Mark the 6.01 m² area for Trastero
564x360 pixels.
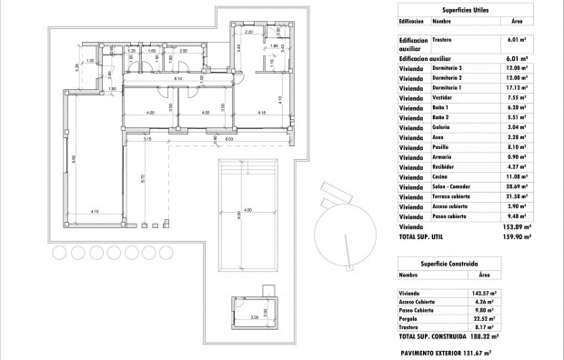pyautogui.click(x=515, y=40)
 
